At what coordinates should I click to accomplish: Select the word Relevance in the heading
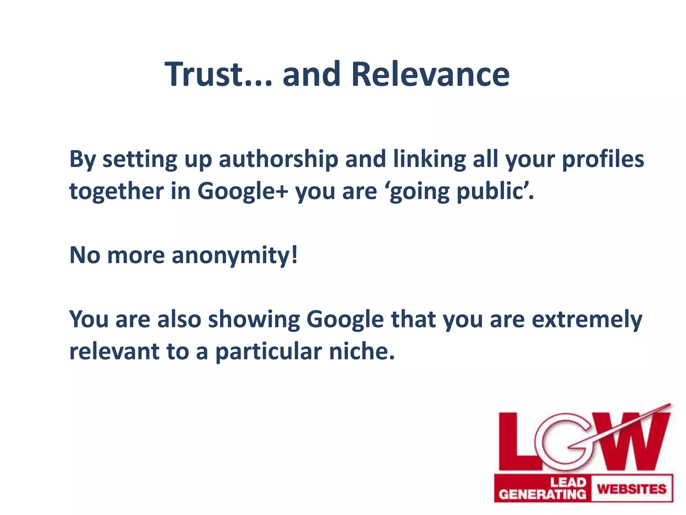[430, 74]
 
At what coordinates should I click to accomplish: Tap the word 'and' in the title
[311, 74]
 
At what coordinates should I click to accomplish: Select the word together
[116, 191]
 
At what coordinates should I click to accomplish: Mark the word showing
[254, 320]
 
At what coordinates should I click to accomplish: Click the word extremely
[587, 320]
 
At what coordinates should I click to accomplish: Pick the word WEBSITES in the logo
[632, 489]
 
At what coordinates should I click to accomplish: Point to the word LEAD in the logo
[568, 482]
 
